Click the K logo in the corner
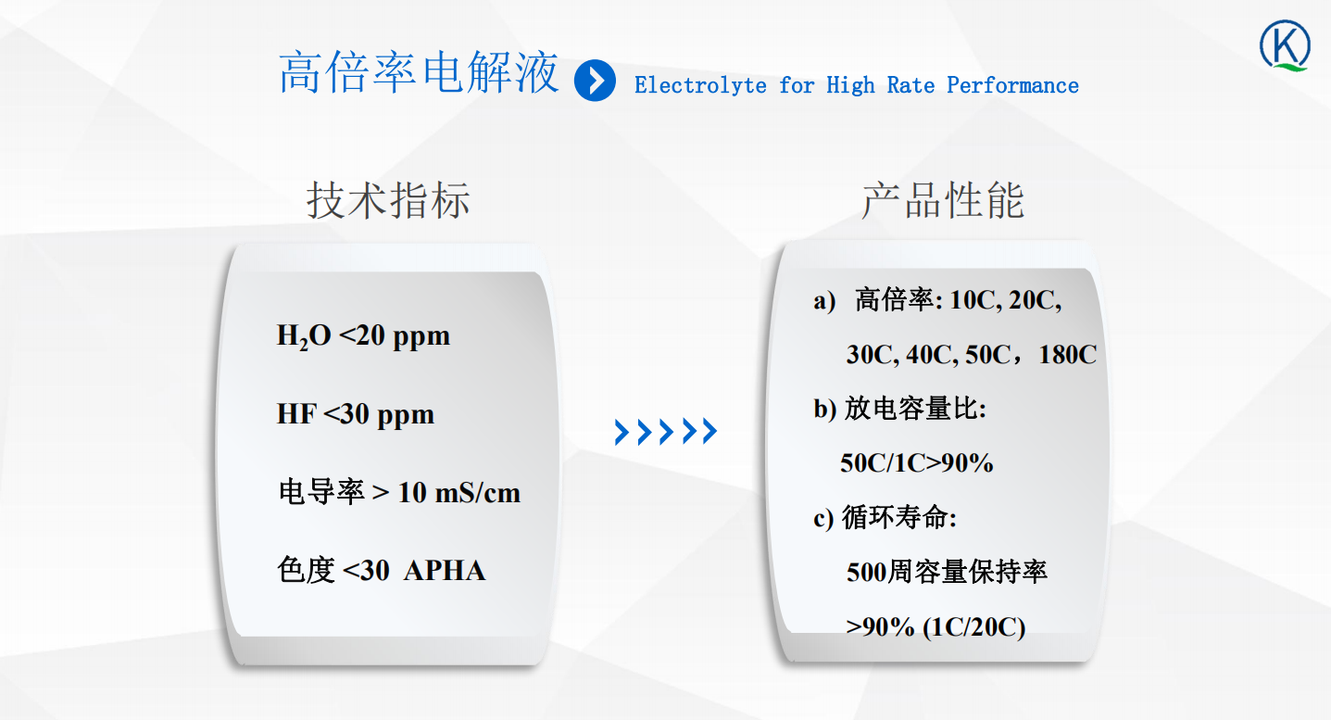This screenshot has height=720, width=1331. (x=1285, y=45)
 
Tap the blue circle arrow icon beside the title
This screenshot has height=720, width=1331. (x=595, y=81)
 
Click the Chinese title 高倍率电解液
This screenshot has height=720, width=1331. (x=419, y=72)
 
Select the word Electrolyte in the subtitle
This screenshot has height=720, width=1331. (x=700, y=85)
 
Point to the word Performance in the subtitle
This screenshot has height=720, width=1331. (x=1012, y=85)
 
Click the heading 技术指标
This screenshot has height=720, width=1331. (x=388, y=200)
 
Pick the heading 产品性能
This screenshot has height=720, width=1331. (x=943, y=200)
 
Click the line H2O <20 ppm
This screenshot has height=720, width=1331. (x=363, y=336)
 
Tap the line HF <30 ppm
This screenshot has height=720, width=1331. (x=356, y=414)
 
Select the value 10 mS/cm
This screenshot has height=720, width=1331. (x=459, y=493)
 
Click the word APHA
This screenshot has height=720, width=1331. (x=445, y=571)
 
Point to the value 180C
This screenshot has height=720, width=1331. (x=1067, y=355)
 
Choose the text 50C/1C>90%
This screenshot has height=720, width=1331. (x=917, y=463)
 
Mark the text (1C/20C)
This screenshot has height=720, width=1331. (x=973, y=627)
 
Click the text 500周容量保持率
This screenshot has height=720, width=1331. (x=948, y=572)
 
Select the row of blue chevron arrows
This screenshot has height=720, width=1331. (x=665, y=432)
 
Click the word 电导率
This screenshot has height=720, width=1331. (x=321, y=493)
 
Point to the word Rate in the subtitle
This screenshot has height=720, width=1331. (x=910, y=85)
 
